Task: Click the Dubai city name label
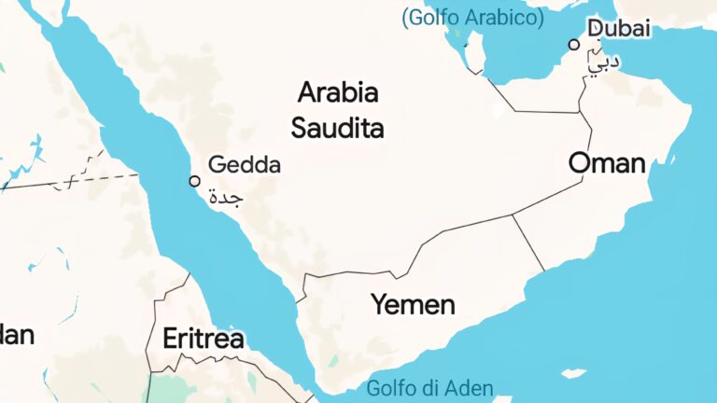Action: [619, 28]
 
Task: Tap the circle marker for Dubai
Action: [574, 44]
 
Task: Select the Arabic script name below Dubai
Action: [604, 61]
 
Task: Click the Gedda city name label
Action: [244, 165]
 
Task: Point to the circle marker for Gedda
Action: [194, 181]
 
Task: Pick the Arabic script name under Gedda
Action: [225, 198]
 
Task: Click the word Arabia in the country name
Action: [338, 93]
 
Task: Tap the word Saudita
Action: [337, 128]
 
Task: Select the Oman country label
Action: [607, 164]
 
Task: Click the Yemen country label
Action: [413, 304]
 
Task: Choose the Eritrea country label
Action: [204, 339]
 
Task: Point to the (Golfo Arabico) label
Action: [471, 17]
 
